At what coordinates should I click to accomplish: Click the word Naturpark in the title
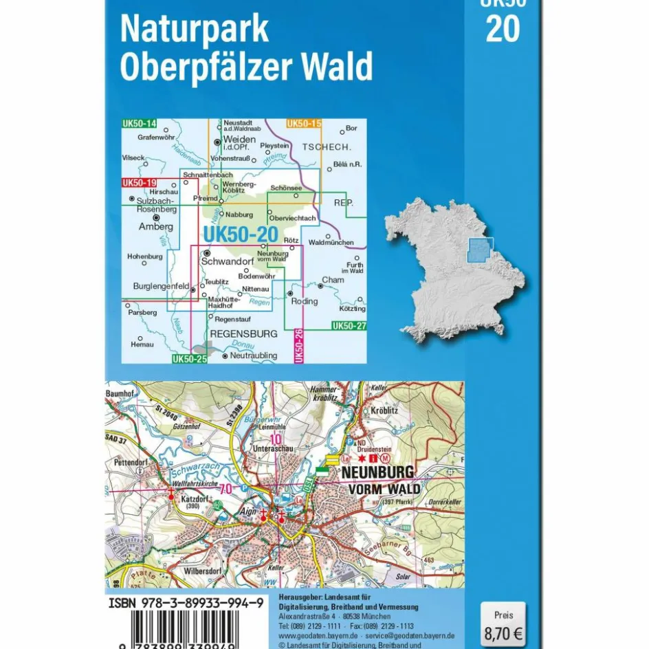(x=194, y=30)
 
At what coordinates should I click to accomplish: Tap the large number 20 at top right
(x=503, y=28)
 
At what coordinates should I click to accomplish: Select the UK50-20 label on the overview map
(x=240, y=234)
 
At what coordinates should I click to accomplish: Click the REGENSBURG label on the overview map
(x=243, y=333)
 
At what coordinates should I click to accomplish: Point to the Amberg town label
(x=156, y=226)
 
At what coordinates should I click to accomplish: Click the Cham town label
(x=333, y=280)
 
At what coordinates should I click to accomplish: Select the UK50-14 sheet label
(x=140, y=124)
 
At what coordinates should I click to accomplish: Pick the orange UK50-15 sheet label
(x=304, y=124)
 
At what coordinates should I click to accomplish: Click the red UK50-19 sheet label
(x=140, y=183)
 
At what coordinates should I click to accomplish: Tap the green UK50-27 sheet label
(x=349, y=325)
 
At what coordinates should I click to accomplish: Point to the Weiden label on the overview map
(x=239, y=139)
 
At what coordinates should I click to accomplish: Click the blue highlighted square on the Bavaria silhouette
(x=481, y=250)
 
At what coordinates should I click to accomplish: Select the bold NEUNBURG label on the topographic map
(x=377, y=472)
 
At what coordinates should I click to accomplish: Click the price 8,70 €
(x=503, y=629)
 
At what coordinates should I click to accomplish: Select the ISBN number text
(x=186, y=603)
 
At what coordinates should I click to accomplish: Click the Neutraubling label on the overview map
(x=253, y=355)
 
